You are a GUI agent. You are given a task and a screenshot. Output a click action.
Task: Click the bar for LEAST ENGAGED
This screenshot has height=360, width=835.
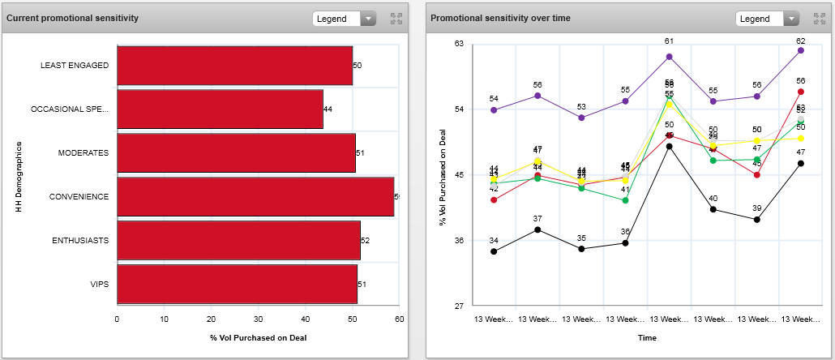coord(235,66)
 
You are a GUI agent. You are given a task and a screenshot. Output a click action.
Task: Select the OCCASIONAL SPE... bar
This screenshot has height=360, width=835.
coord(221,109)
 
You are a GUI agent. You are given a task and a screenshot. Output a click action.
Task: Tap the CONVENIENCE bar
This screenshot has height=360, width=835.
coord(255,197)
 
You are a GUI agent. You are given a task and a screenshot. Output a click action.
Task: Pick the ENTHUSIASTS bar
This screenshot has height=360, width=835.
coord(238,241)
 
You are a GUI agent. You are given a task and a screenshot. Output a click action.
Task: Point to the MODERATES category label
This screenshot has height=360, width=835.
coord(83,153)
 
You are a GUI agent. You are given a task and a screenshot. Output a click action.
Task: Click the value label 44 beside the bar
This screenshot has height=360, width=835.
coord(328,109)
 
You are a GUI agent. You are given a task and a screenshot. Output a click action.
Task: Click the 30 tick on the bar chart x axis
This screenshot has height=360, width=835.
coord(259,319)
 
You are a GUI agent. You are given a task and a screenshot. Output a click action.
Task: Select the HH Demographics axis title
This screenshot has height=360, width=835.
coord(18,176)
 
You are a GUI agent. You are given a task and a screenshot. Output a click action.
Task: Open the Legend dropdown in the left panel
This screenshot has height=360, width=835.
coord(345,19)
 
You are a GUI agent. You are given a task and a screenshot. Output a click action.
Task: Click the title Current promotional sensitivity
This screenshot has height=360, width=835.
coord(72,18)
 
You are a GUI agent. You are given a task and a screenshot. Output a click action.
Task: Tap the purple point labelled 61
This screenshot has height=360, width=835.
coord(670,57)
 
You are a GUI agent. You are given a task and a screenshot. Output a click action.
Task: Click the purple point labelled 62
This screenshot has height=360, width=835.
coord(801,50)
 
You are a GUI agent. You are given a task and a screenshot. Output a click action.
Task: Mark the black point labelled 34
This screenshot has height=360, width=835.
coord(494,251)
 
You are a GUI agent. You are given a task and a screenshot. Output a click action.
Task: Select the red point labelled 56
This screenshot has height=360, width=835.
coord(801,92)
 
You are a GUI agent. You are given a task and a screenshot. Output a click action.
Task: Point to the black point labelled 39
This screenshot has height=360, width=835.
coord(757,220)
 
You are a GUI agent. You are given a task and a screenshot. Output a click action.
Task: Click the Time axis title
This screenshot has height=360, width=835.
coord(647,336)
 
